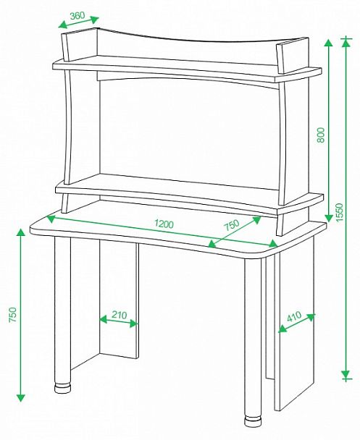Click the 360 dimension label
tap(78, 15)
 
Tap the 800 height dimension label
tap(320, 135)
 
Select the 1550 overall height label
tap(339, 212)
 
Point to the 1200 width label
tap(164, 224)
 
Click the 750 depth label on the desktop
tap(232, 225)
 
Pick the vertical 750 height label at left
tap(13, 315)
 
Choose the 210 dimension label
tap(120, 315)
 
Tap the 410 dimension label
tap(294, 316)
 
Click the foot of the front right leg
tap(252, 421)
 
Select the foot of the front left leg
tap(62, 389)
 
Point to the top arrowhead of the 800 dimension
tap(329, 44)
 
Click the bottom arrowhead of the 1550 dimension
tap(346, 375)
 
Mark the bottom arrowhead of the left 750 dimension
tap(21, 397)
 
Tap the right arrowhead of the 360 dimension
tap(93, 20)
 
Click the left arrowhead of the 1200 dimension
tap(51, 219)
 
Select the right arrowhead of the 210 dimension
tap(134, 323)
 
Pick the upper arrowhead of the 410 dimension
tap(311, 317)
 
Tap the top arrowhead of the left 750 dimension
tap(21, 234)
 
